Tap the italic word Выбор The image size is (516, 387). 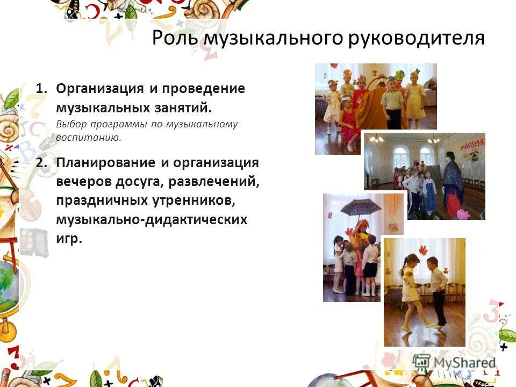pyautogui.click(x=70, y=124)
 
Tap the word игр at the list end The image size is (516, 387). pyautogui.click(x=68, y=238)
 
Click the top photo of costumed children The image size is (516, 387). pyautogui.click(x=375, y=97)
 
